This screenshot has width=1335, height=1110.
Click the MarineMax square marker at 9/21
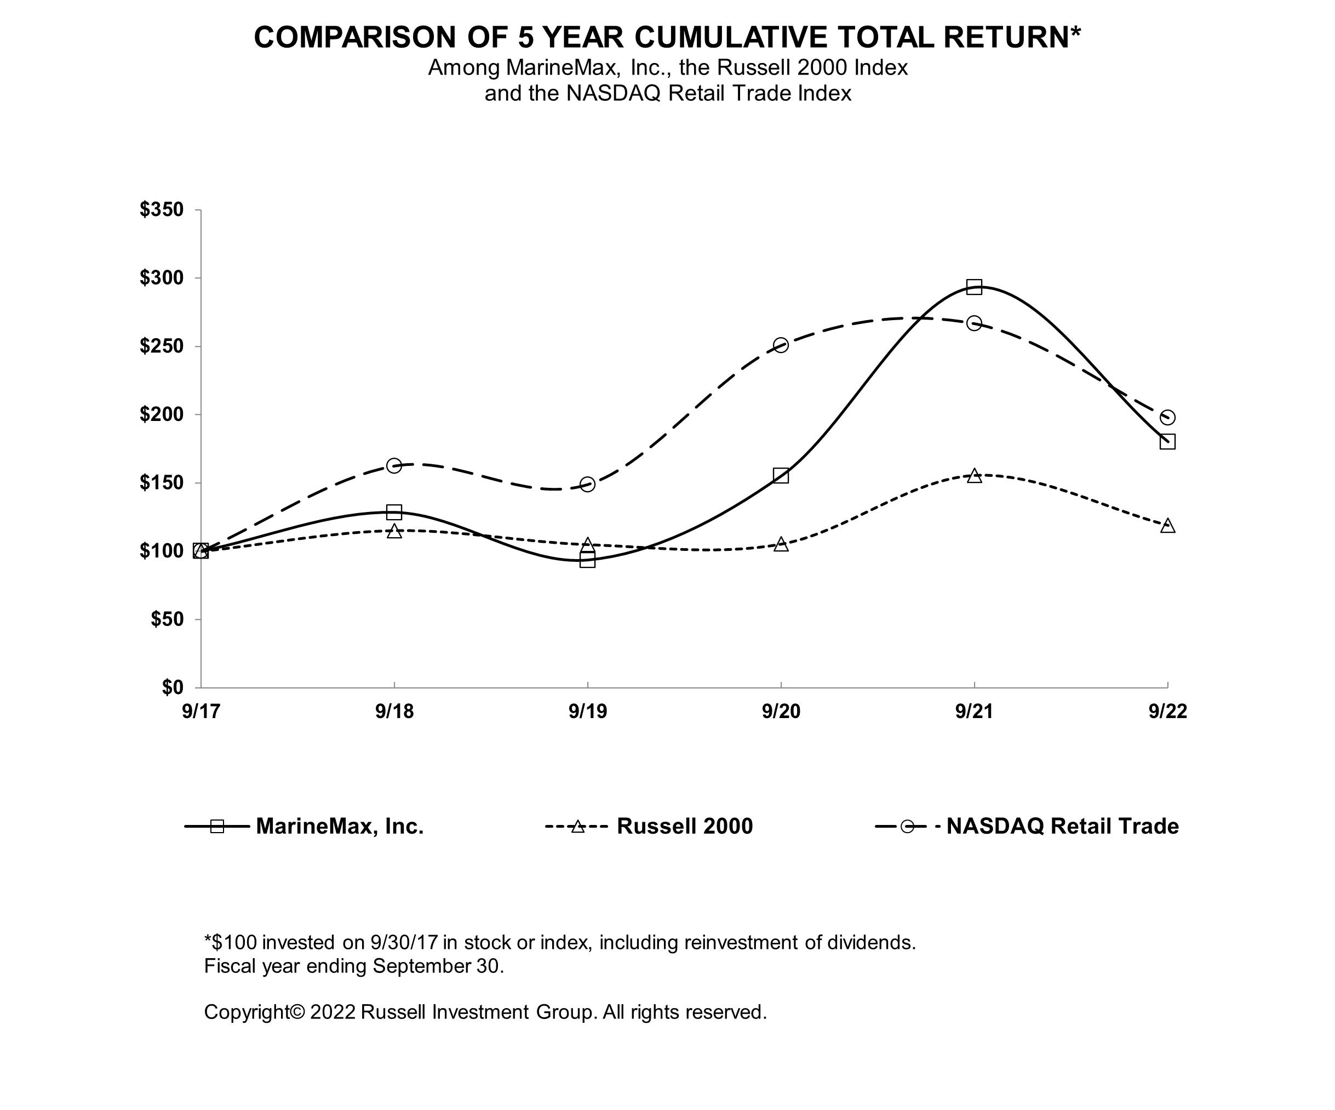click(974, 287)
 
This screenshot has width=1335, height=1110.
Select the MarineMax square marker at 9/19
click(587, 560)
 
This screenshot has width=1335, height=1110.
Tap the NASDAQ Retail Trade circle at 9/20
click(781, 345)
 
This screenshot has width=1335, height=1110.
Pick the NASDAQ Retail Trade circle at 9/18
click(394, 465)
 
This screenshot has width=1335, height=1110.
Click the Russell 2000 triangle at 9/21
click(974, 476)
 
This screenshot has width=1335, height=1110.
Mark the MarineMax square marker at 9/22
click(1167, 441)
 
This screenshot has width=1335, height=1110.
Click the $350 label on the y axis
click(162, 209)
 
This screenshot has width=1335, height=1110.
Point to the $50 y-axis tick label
click(167, 619)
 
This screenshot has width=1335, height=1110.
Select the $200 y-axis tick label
click(162, 414)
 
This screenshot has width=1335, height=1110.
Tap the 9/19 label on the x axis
click(587, 711)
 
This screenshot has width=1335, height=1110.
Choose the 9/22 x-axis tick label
click(1167, 711)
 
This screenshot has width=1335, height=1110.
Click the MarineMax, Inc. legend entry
click(304, 826)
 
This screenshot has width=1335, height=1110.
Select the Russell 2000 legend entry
click(649, 826)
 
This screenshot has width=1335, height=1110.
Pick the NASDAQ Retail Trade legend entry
click(1027, 826)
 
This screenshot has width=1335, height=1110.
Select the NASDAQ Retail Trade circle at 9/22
click(1167, 417)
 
